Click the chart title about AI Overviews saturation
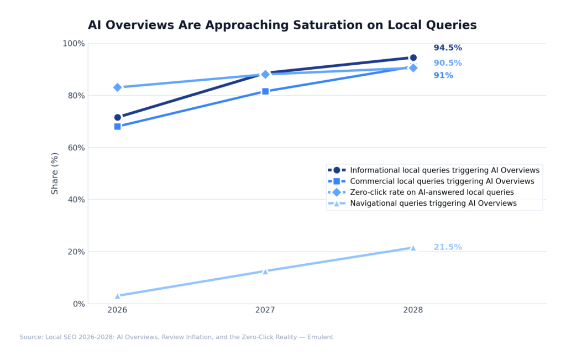(282, 25)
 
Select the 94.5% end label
(447, 48)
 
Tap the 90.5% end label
(447, 63)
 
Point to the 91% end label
(443, 76)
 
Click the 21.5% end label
(447, 247)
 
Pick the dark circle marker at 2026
(118, 117)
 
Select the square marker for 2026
(118, 127)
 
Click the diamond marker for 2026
(118, 87)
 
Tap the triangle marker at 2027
(265, 271)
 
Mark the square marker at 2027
(265, 91)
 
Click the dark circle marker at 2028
(413, 58)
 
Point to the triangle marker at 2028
(413, 248)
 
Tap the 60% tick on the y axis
(76, 148)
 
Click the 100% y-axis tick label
(74, 44)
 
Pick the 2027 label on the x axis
(265, 311)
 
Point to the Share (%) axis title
(55, 173)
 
